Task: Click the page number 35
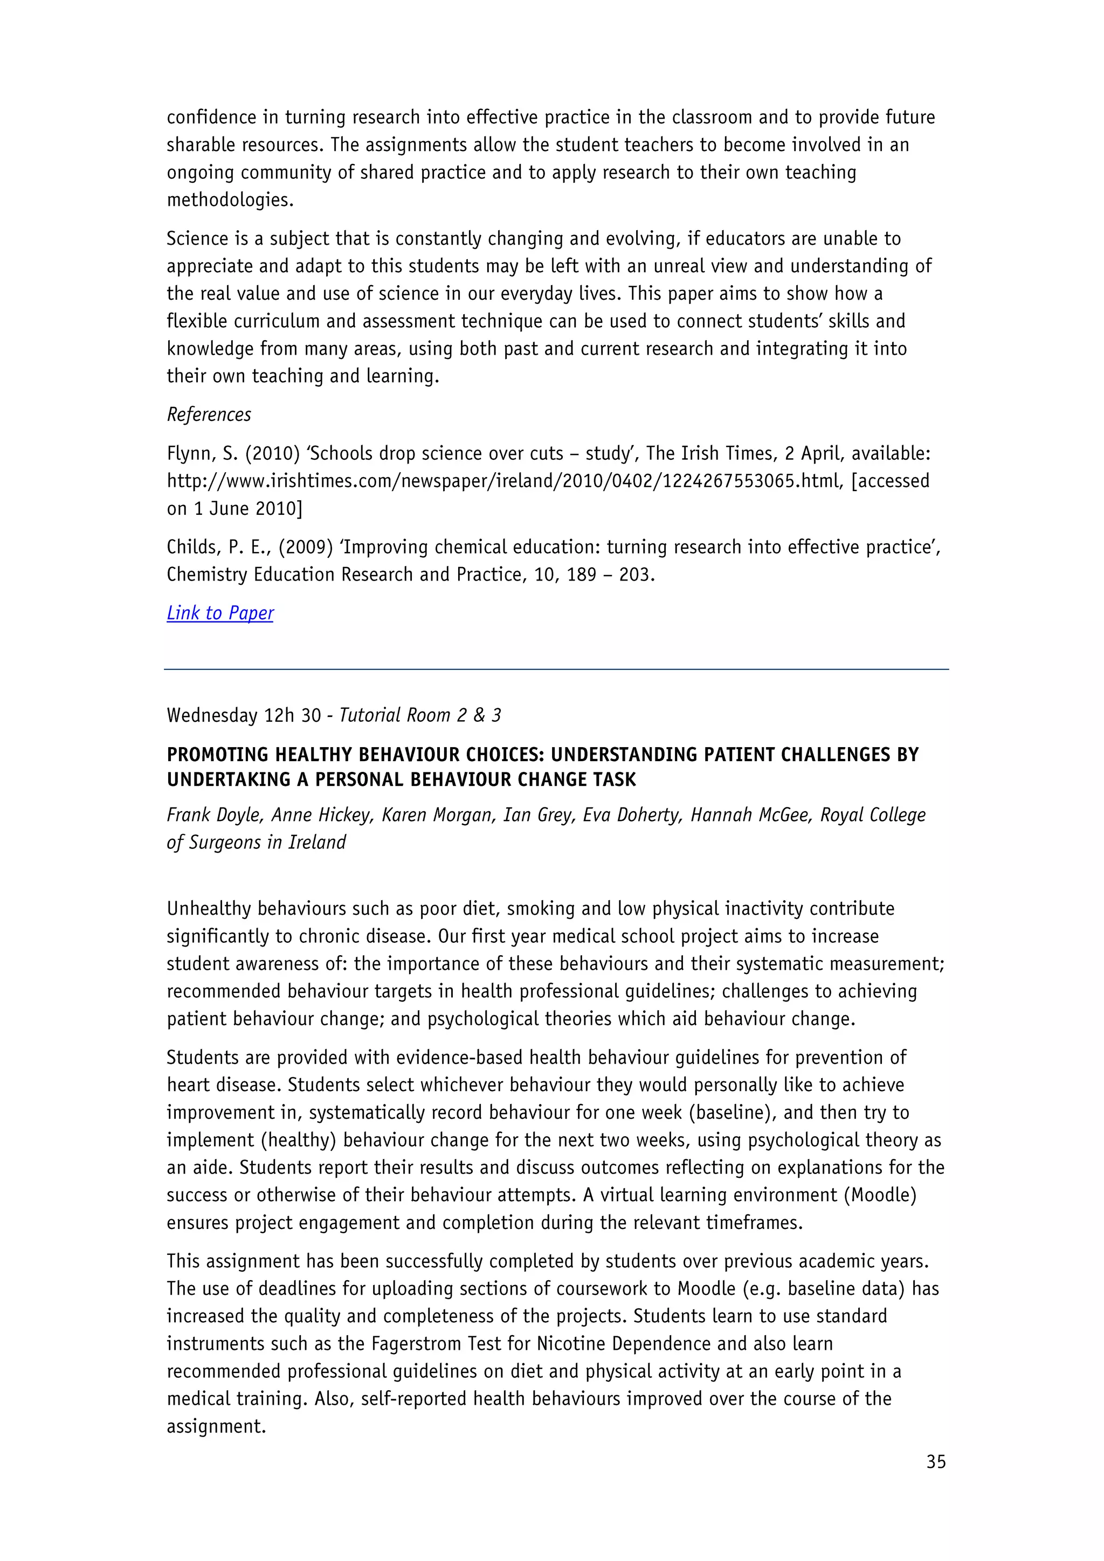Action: (935, 1462)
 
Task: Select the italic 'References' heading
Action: (209, 415)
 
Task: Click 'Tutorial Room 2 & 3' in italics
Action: (420, 715)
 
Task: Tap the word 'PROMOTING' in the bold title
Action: (216, 755)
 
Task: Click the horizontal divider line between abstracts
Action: (556, 669)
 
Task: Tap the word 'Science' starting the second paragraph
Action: (198, 239)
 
